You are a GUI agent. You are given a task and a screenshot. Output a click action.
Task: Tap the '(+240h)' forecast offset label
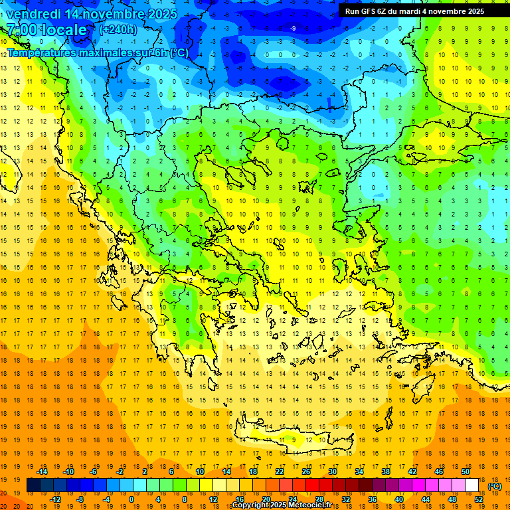click(x=118, y=29)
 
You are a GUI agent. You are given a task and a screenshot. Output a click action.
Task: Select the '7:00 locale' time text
click(x=46, y=30)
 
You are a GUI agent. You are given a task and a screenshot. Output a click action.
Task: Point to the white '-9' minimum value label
click(x=293, y=28)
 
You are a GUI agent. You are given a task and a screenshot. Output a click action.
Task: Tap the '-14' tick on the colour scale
click(x=42, y=471)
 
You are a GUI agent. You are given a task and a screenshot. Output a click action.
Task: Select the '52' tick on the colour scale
click(x=479, y=499)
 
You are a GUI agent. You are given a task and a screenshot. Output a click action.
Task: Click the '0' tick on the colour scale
click(x=131, y=499)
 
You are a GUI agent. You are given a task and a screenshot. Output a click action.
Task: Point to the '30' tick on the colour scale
click(x=332, y=471)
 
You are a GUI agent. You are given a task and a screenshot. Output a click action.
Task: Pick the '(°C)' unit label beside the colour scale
click(x=495, y=486)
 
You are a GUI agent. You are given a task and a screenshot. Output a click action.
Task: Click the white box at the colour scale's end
click(x=471, y=485)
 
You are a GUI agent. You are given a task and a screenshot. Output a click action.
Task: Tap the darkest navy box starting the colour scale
click(x=33, y=485)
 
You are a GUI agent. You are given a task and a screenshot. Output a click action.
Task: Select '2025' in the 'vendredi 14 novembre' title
click(x=162, y=14)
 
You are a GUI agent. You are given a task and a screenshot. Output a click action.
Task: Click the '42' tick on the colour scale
click(x=412, y=471)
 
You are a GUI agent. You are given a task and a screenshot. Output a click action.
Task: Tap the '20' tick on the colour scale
click(x=266, y=499)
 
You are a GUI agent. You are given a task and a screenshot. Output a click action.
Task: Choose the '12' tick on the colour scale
click(x=212, y=499)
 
